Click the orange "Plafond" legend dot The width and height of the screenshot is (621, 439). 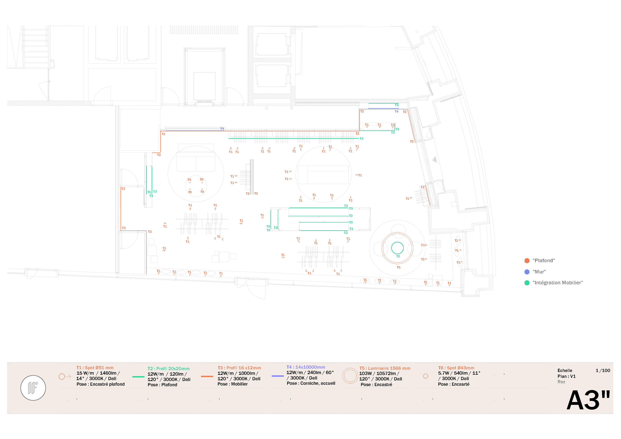pyautogui.click(x=527, y=261)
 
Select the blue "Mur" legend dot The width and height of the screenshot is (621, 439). pyautogui.click(x=527, y=272)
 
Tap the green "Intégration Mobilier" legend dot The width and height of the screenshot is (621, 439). pyautogui.click(x=527, y=283)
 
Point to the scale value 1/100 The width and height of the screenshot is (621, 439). pyautogui.click(x=603, y=370)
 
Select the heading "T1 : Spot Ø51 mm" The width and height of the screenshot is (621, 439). pyautogui.click(x=95, y=368)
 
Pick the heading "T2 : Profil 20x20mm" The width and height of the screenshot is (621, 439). pyautogui.click(x=168, y=368)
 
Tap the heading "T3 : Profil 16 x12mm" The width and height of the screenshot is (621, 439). pyautogui.click(x=239, y=368)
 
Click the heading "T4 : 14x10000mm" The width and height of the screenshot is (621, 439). pyautogui.click(x=306, y=367)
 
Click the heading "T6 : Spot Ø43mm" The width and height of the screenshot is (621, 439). pyautogui.click(x=456, y=368)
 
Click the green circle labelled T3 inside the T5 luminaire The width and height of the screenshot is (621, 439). pyautogui.click(x=397, y=248)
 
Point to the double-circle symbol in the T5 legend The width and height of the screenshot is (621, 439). pyautogui.click(x=350, y=376)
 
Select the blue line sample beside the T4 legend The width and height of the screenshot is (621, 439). pyautogui.click(x=278, y=376)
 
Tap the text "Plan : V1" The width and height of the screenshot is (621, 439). pyautogui.click(x=566, y=376)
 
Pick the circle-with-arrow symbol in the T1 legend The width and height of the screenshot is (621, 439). pyautogui.click(x=64, y=376)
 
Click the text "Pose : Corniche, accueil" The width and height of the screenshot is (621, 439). pyautogui.click(x=311, y=383)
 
